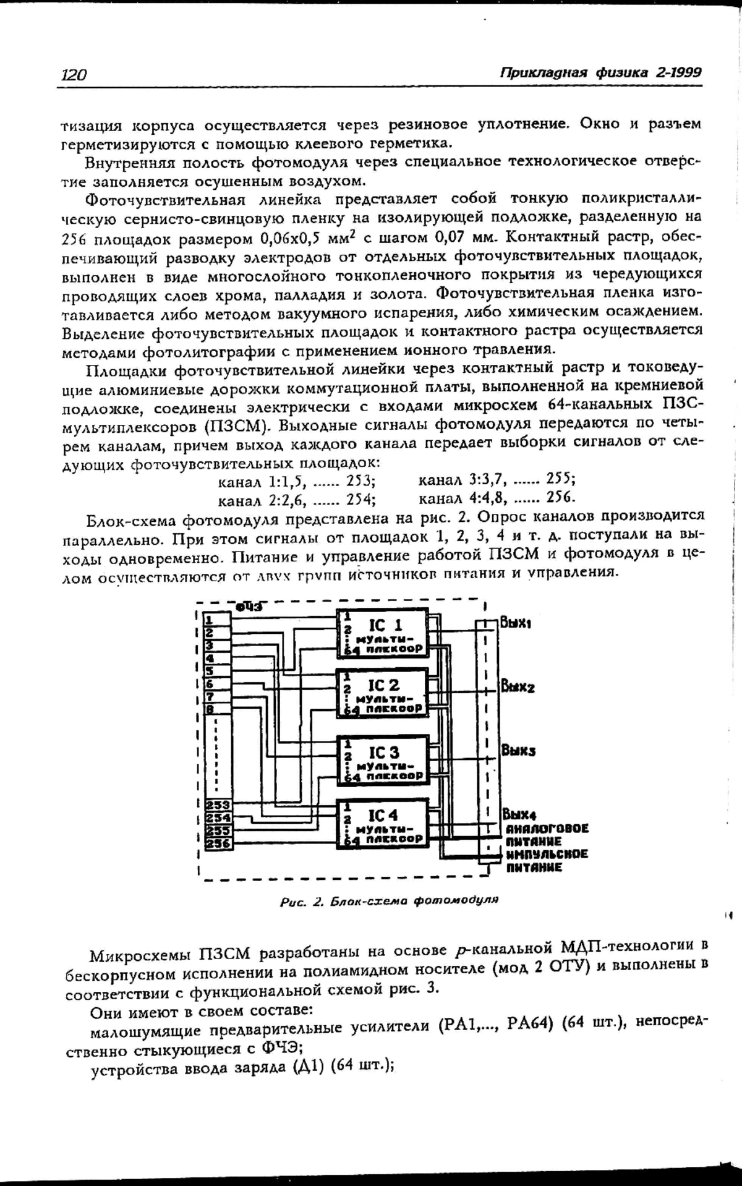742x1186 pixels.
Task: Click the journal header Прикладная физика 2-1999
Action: click(600, 72)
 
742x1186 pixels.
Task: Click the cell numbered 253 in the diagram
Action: click(218, 805)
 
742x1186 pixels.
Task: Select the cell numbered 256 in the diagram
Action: click(218, 844)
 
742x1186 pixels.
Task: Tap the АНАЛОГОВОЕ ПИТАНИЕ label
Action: click(547, 835)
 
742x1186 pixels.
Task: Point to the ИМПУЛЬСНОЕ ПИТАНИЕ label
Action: click(547, 861)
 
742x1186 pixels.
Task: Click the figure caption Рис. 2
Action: click(389, 900)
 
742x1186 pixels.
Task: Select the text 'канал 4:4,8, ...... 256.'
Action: click(497, 497)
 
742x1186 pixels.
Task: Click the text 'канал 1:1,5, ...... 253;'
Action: click(297, 480)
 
